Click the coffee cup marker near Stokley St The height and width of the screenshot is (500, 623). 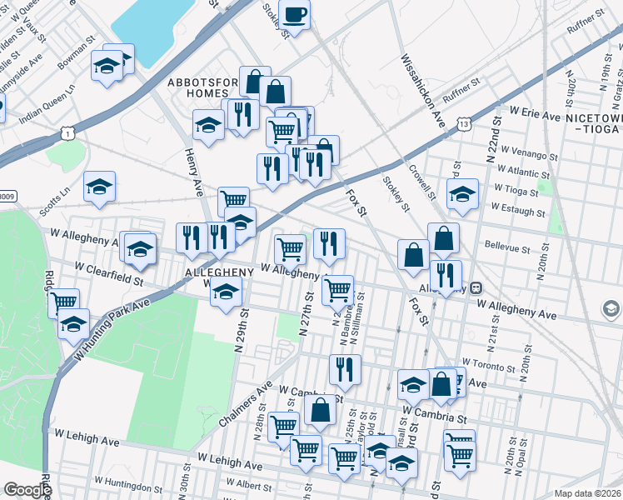[294, 14]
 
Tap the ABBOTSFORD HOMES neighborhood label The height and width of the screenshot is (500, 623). [203, 87]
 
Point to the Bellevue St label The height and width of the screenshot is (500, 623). [507, 248]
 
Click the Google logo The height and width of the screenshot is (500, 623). [27, 490]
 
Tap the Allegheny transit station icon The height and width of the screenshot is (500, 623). [476, 288]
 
